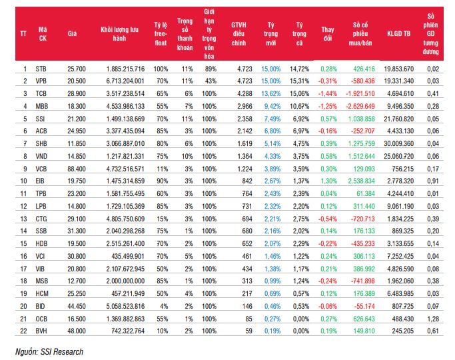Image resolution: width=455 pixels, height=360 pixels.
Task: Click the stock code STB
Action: [41, 69]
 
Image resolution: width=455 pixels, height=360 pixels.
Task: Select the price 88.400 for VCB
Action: [77, 169]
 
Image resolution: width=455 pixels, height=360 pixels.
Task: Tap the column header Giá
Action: [72, 34]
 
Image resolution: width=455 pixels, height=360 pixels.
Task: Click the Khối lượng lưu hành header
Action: [119, 34]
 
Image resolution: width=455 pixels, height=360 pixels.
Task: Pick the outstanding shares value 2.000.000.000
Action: [125, 281]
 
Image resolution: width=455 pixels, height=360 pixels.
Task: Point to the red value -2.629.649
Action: [360, 106]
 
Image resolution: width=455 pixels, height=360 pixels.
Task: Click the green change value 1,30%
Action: [329, 181]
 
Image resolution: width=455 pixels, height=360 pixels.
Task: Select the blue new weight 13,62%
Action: [271, 94]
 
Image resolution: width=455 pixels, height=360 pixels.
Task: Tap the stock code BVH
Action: [41, 331]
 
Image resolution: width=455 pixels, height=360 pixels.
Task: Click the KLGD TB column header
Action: [398, 34]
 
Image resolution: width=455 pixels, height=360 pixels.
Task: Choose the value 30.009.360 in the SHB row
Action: [398, 144]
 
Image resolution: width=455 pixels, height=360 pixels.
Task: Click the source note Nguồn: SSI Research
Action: [49, 352]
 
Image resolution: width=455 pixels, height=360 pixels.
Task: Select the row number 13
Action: [23, 219]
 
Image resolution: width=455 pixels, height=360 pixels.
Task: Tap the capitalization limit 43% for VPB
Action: [211, 81]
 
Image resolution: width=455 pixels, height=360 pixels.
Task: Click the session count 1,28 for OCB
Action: [433, 319]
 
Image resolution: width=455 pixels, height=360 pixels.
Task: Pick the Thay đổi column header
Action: [328, 34]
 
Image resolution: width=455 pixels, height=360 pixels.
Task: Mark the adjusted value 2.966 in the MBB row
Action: [244, 106]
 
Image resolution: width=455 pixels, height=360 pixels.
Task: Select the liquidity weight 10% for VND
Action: [187, 156]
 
